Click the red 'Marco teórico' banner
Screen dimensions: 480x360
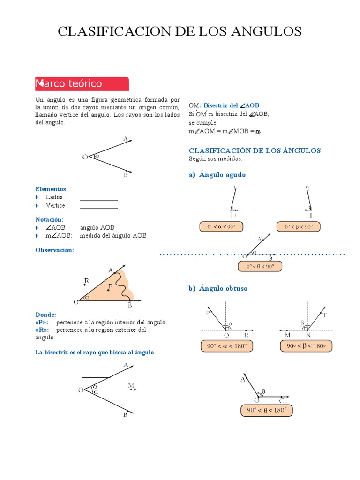[82, 84]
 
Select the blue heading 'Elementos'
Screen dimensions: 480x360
[51, 189]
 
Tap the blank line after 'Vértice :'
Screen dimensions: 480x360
[99, 206]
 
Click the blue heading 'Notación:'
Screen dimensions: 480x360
[49, 219]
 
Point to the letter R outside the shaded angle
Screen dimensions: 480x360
[86, 281]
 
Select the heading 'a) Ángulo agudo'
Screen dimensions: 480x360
[217, 175]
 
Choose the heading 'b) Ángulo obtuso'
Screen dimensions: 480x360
[218, 289]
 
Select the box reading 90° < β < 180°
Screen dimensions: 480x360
[306, 346]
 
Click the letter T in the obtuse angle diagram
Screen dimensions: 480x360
[324, 315]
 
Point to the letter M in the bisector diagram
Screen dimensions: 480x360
[131, 386]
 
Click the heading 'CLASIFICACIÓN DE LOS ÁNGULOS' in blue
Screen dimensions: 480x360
[255, 150]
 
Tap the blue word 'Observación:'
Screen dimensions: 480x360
[55, 250]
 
